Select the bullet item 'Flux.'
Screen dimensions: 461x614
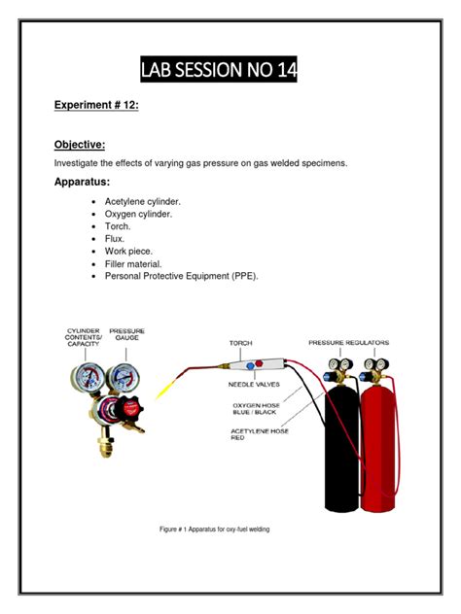click(118, 239)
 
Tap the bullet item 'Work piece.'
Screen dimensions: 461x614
click(130, 252)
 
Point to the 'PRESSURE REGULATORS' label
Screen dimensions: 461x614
click(349, 342)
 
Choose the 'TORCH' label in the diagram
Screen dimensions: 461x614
click(240, 343)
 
